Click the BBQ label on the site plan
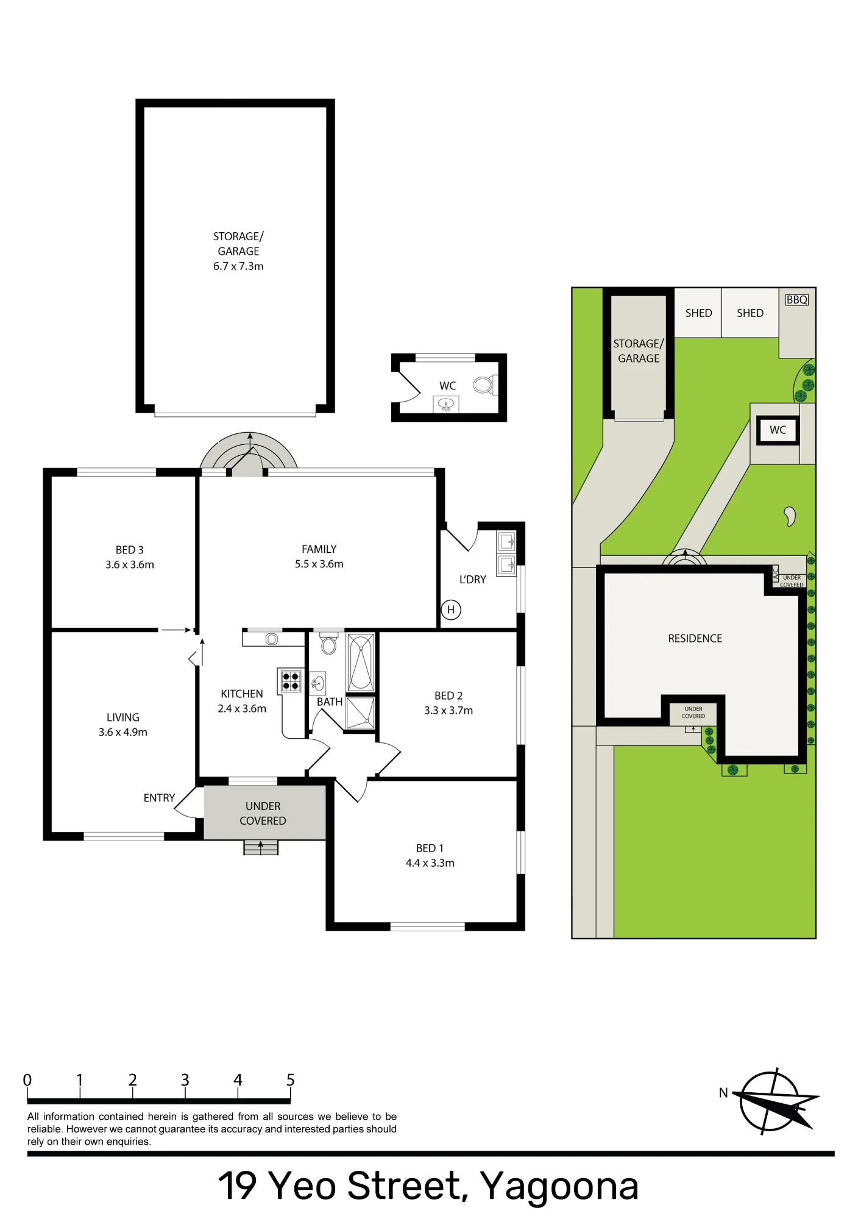tap(796, 300)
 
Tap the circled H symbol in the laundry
tap(451, 609)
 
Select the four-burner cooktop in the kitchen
tap(291, 681)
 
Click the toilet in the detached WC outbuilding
tap(485, 385)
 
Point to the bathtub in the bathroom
tap(361, 662)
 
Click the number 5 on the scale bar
tap(291, 1080)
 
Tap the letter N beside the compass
tap(723, 1093)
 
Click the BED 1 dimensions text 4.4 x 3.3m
tap(430, 863)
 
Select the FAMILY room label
tap(319, 549)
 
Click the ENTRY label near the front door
tap(159, 798)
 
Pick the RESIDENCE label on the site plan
tap(695, 639)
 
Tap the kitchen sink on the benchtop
tap(272, 639)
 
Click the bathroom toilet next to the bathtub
tap(329, 643)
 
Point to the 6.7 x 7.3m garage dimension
tap(238, 266)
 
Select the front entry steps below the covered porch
tap(261, 847)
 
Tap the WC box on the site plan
tap(778, 430)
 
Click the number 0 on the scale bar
tap(27, 1080)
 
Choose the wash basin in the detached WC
tap(446, 404)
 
